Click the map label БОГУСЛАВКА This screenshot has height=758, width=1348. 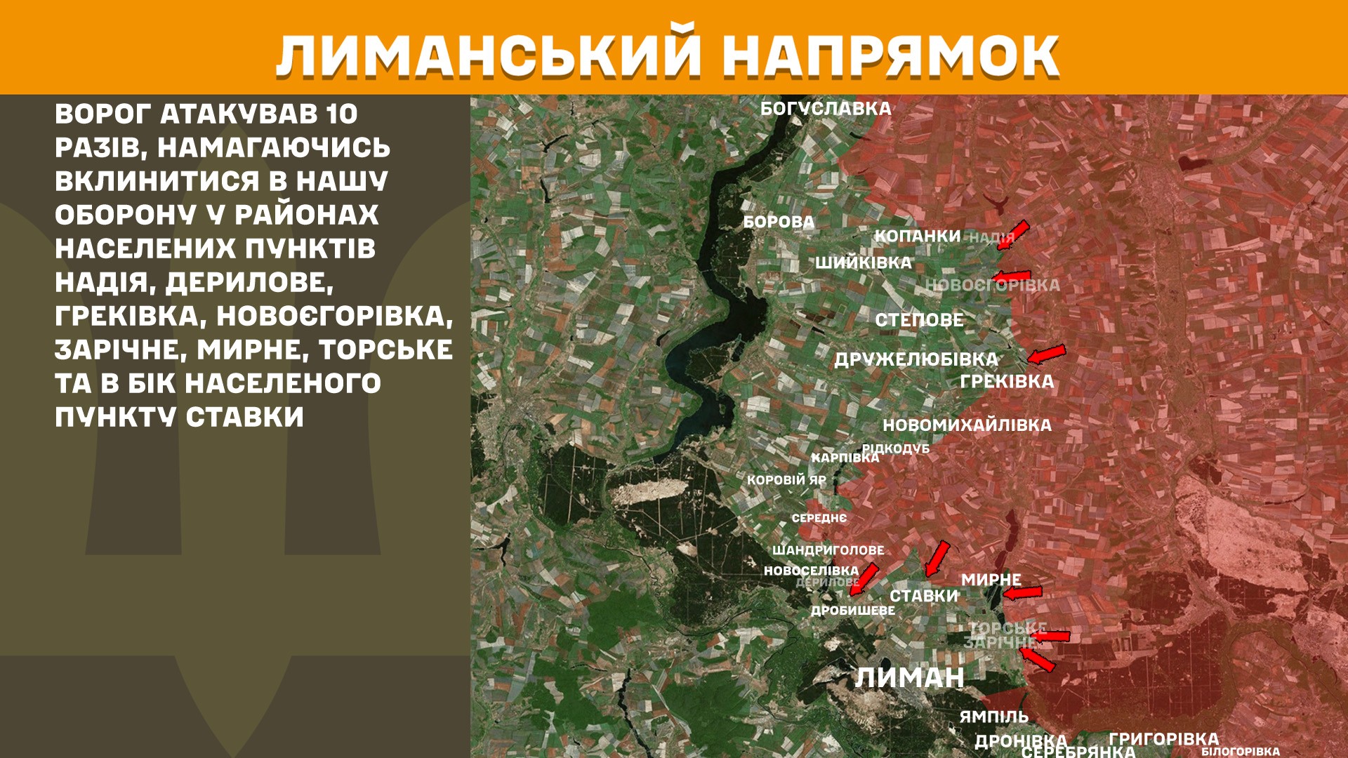pos(826,109)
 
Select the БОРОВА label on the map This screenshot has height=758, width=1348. pos(779,222)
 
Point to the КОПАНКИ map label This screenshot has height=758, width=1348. pos(917,236)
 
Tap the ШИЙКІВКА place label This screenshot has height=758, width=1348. pos(864,262)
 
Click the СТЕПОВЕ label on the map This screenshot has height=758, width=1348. pos(919,320)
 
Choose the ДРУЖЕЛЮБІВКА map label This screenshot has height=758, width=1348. pos(916,359)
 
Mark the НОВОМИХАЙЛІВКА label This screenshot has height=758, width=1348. pos(967,425)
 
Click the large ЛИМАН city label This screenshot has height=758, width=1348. pos(909,677)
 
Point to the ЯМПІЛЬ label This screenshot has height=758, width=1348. pos(993,717)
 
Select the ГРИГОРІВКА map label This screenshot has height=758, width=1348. pos(1163,738)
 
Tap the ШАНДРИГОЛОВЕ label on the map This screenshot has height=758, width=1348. pos(828,550)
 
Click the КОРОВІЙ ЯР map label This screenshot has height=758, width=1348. pos(786,480)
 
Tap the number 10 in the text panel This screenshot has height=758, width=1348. pos(342,114)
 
